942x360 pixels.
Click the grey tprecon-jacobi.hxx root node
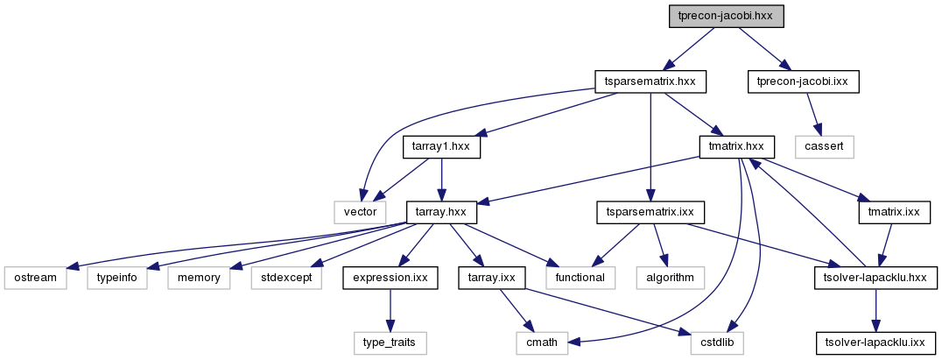click(727, 17)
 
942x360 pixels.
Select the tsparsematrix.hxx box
click(650, 81)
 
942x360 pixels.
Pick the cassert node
click(825, 147)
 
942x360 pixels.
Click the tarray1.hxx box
click(441, 147)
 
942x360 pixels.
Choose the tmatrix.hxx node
click(737, 147)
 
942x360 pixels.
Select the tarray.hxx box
click(441, 212)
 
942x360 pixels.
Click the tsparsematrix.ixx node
click(650, 212)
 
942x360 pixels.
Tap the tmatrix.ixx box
click(894, 212)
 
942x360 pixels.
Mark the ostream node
click(35, 278)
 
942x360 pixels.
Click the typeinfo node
click(117, 278)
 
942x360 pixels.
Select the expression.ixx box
click(390, 278)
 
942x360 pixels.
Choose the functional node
click(581, 278)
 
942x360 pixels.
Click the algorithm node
click(670, 278)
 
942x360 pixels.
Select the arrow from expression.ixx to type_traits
click(390, 310)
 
